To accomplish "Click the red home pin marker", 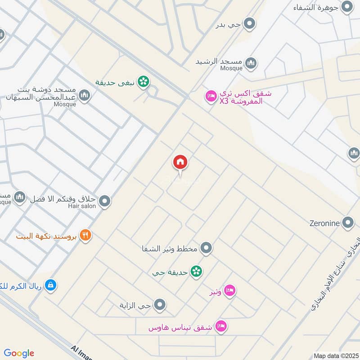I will point(180,162).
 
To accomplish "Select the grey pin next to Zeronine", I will point(347,222).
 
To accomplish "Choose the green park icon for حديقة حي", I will point(196,271).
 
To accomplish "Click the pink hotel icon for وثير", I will point(229,291).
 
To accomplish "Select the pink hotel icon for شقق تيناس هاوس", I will point(220,325).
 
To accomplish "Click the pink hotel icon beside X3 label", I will point(210,96).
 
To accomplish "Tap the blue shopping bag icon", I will point(51,284).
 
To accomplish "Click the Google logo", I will point(19,353).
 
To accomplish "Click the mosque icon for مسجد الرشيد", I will point(251,62).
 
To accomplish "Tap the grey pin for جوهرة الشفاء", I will point(347,7).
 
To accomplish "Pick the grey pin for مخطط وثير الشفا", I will point(206,247).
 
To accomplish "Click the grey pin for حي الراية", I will point(160,306).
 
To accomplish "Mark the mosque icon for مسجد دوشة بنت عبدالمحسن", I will point(84,95).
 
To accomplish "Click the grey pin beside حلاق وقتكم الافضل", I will point(104,201).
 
